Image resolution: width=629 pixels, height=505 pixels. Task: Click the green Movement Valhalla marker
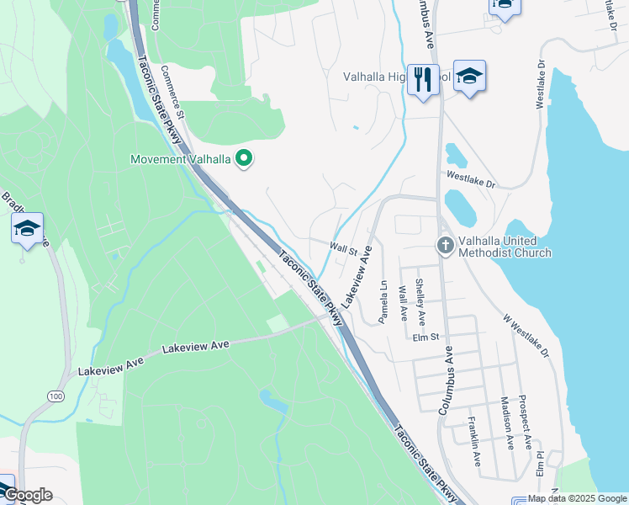tap(245, 157)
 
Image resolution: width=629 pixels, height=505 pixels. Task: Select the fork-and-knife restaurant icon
tap(423, 81)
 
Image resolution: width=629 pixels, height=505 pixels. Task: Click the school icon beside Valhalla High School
tap(470, 75)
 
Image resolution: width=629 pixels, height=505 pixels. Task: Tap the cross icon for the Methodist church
tap(446, 246)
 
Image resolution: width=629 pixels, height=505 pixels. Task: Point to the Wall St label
tap(344, 250)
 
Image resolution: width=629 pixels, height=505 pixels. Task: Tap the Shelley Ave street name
tap(421, 299)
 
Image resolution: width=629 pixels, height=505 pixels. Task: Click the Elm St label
tap(426, 338)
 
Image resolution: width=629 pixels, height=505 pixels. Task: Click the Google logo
tap(27, 495)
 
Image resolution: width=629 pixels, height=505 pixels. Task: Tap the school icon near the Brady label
tap(27, 229)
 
